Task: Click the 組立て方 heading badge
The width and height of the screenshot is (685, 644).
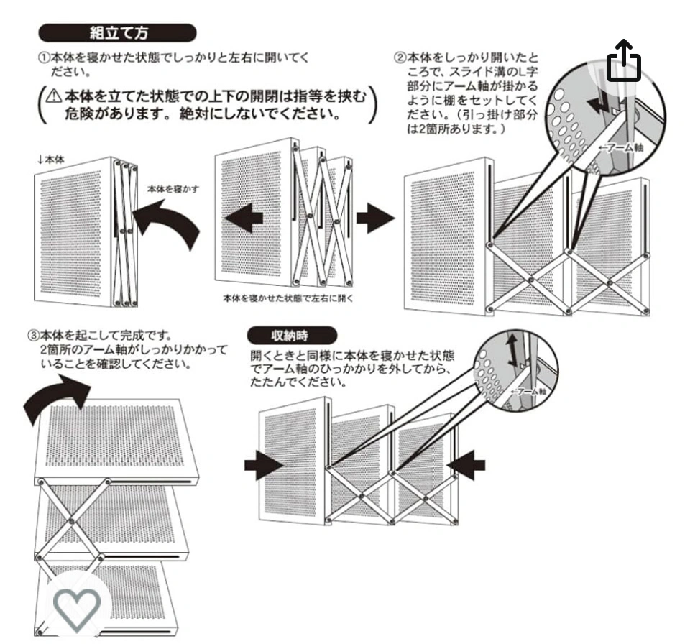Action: pos(117,33)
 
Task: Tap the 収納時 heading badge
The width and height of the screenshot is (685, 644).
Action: pos(292,336)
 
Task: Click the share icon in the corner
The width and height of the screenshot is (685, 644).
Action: pos(623,60)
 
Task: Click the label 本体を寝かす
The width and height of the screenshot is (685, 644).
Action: pos(173,189)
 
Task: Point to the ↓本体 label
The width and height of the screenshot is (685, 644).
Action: pos(51,160)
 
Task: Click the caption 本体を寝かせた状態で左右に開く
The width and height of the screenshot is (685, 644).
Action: pos(288,298)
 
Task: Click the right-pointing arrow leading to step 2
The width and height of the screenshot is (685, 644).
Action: pos(375,217)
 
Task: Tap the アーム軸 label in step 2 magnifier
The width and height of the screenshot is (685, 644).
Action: pos(620,147)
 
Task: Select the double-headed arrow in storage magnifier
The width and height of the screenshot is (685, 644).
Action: pos(512,350)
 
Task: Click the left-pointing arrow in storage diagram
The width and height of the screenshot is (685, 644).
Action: pos(466,465)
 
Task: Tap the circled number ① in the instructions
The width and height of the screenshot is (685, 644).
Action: pos(44,57)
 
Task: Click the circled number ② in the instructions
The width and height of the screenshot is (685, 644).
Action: pos(400,57)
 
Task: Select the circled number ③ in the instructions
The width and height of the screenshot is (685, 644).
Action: pos(34,336)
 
